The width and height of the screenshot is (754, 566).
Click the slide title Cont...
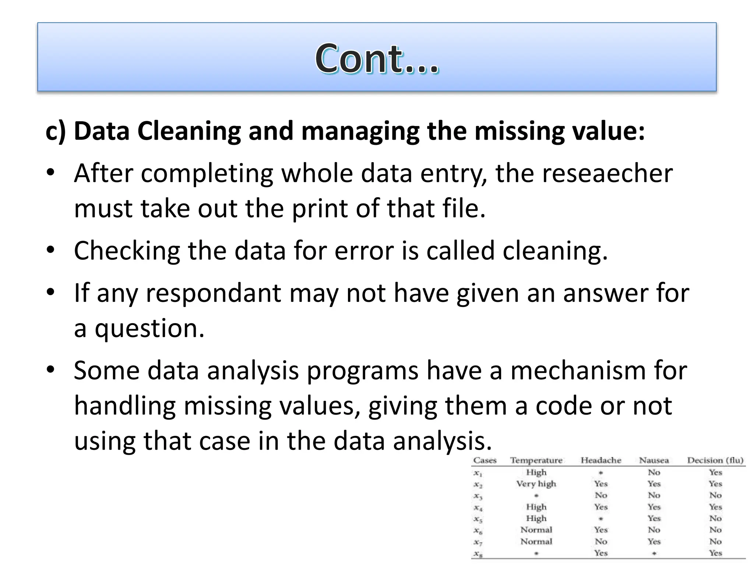[x=377, y=58]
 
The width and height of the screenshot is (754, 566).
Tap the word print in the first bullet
[x=320, y=209]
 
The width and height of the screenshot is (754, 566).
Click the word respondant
[x=213, y=293]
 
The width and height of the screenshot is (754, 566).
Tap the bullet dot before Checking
[x=50, y=250]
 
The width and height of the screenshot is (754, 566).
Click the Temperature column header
[x=536, y=460]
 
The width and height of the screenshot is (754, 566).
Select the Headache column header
[x=600, y=460]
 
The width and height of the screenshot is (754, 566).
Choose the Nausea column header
[x=654, y=460]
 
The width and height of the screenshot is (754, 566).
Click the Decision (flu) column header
[x=715, y=460]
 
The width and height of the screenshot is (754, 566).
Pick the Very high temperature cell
[x=536, y=484]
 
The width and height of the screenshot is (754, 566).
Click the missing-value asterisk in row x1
[x=600, y=473]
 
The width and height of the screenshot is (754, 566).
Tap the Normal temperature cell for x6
[x=536, y=530]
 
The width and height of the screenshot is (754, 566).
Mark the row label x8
[x=478, y=553]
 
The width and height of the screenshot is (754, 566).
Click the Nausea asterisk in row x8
[x=654, y=553]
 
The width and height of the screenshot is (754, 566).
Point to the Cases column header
[x=485, y=460]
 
